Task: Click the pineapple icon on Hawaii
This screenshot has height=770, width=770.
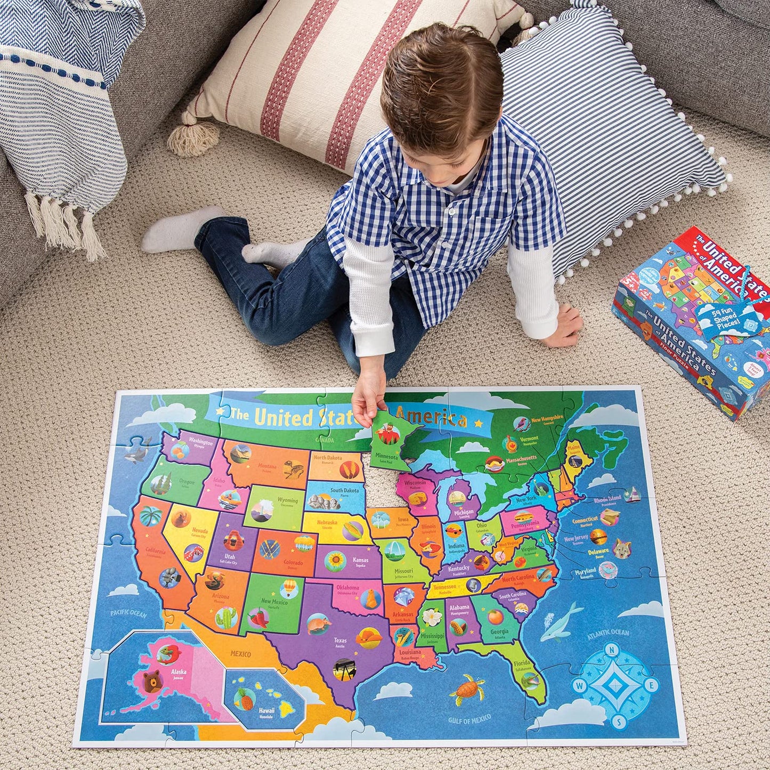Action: [x=246, y=700]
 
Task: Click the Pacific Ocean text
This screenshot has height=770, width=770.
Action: [x=128, y=614]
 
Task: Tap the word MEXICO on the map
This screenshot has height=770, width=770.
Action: [x=240, y=652]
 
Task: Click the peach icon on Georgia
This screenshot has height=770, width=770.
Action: [x=496, y=617]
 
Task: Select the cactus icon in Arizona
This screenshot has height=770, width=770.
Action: [x=226, y=617]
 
